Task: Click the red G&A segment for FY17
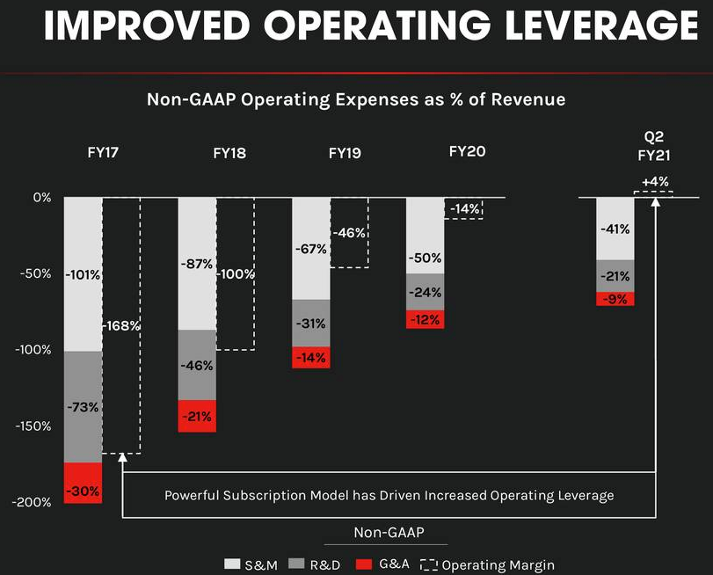pos(83,483)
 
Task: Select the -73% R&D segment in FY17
pos(83,407)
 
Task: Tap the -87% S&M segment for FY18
pos(196,264)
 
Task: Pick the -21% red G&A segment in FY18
pos(196,416)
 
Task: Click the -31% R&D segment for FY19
pos(310,323)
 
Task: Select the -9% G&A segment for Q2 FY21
pos(615,299)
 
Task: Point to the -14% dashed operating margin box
pos(464,208)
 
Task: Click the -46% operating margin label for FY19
pos(350,233)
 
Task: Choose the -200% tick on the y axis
pos(33,502)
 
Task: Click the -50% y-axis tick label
pos(36,273)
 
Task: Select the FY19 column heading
pos(345,153)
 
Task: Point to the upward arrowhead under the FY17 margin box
pos(122,458)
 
